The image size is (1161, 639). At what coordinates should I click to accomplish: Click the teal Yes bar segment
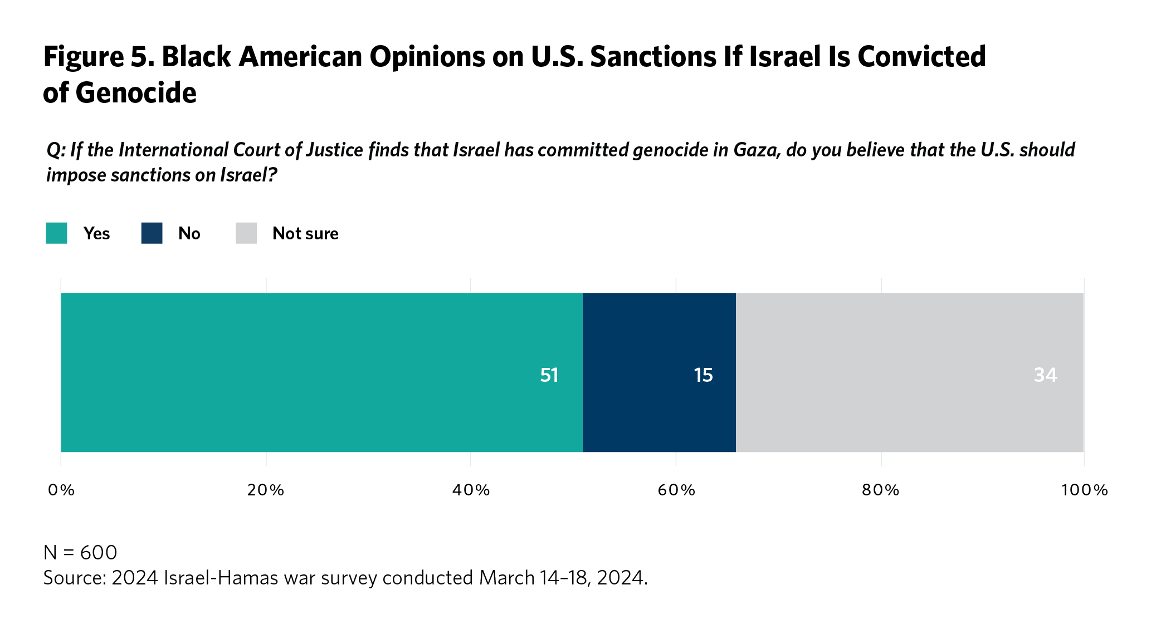tap(321, 372)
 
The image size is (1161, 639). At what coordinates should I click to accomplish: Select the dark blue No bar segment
tap(659, 372)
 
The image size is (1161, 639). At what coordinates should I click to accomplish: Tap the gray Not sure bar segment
tap(909, 372)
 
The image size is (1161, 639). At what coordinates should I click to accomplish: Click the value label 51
tap(549, 375)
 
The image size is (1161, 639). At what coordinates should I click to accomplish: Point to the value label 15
tap(703, 375)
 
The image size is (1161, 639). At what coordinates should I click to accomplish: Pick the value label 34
tap(1045, 375)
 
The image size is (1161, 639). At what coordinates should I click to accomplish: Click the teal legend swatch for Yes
tap(56, 233)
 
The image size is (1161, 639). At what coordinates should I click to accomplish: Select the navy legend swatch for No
tap(152, 233)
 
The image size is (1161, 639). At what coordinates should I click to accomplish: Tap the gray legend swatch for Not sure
tap(246, 233)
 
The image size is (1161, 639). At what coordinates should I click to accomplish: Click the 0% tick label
tap(61, 490)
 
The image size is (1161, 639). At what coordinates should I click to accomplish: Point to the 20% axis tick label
tap(266, 490)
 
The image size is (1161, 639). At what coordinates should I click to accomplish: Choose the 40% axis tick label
tap(471, 490)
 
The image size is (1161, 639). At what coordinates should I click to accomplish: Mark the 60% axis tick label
tap(676, 490)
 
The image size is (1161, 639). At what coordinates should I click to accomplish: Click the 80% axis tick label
tap(881, 490)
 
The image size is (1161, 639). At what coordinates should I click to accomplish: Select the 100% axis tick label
tap(1084, 490)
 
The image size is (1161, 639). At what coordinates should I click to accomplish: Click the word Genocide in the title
tap(136, 93)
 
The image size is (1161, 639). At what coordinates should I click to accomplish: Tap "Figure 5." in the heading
tap(99, 57)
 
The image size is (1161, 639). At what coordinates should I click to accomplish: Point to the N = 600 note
tap(80, 553)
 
